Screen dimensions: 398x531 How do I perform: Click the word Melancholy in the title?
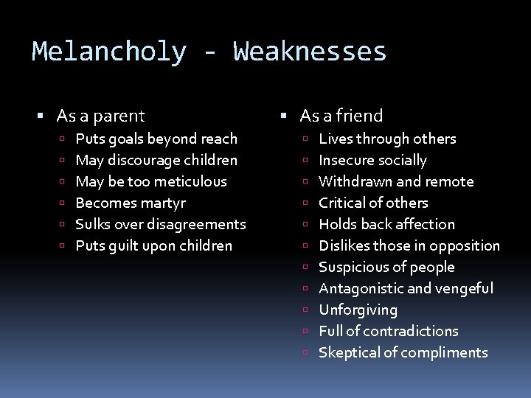109,52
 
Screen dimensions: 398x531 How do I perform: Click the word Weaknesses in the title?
310,52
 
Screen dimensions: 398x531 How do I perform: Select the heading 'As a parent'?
101,116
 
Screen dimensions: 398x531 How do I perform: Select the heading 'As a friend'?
341,116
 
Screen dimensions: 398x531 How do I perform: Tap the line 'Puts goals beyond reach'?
156,139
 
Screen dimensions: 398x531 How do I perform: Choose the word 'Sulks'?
93,224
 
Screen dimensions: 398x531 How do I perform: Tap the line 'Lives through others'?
387,139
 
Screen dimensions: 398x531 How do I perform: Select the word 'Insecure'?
344,160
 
